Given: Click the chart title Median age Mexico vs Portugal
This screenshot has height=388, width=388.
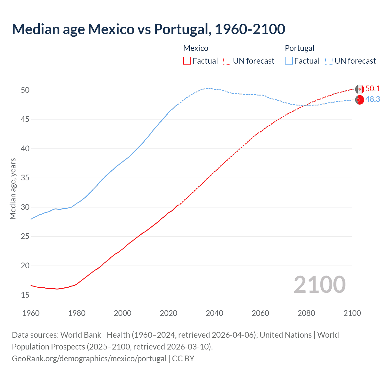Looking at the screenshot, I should coord(149,29).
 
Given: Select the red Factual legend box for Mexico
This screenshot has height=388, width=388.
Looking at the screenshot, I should coord(187,61).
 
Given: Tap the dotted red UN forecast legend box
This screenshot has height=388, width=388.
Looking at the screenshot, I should coord(227,61).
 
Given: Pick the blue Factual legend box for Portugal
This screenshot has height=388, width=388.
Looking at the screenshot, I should coord(289,61).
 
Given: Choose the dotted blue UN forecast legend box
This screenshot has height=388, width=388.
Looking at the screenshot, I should coord(329,61).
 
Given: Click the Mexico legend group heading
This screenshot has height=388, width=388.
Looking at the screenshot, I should coord(196,48).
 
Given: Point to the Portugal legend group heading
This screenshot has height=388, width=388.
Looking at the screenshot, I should coord(299,48).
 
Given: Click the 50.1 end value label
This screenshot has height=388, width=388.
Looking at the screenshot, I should coord(373,89).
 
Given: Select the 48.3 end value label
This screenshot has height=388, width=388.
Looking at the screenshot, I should coord(373,99).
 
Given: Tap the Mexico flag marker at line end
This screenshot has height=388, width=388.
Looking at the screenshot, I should coord(360,89).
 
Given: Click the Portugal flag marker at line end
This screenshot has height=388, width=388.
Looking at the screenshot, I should coord(360,100).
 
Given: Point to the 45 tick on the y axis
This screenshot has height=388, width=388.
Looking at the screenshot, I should coord(25,119).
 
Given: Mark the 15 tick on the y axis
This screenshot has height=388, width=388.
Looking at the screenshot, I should coord(25,295).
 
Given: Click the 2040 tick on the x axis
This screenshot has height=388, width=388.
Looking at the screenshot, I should coord(214,313).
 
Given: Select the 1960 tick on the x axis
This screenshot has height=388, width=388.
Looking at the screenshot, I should coord(31,313).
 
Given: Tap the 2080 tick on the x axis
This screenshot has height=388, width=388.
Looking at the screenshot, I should coord(306,313).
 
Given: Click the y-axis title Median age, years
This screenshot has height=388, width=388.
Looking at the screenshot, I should coord(13,189).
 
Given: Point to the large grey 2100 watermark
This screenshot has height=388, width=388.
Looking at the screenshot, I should coord(320,284).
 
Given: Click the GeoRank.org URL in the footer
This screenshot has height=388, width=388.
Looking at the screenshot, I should coord(89,359).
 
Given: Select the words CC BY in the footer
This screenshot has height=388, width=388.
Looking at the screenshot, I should coord(183,359).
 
